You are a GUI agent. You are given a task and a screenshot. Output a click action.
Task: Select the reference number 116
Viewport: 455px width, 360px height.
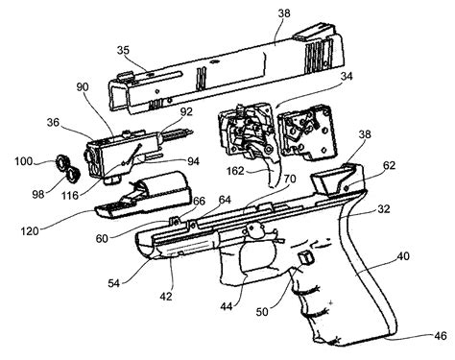96,196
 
